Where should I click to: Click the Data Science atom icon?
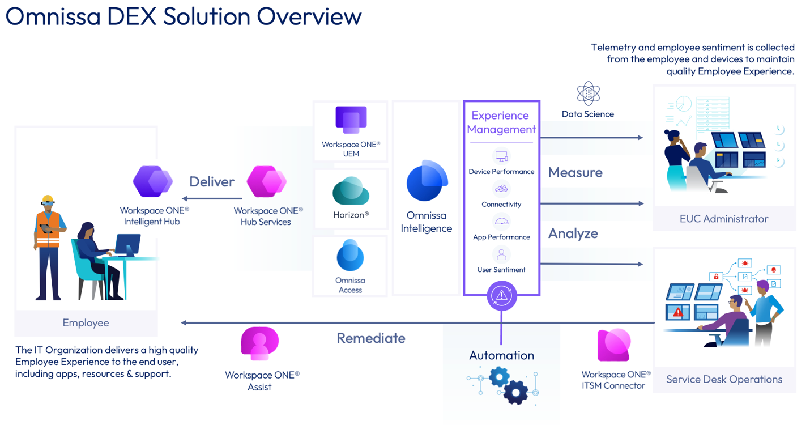click(588, 93)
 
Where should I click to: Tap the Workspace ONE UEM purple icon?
click(351, 120)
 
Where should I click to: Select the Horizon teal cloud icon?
click(351, 191)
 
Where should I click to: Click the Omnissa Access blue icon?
click(350, 256)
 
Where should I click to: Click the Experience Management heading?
click(501, 122)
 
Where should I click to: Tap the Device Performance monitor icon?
click(501, 156)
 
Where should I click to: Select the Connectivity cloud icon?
click(501, 189)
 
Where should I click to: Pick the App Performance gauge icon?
click(501, 222)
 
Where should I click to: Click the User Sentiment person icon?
click(501, 254)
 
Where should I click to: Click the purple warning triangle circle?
click(501, 295)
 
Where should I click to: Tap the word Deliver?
click(212, 182)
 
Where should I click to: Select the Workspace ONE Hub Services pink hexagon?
click(266, 182)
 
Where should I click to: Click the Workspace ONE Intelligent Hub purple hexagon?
click(152, 181)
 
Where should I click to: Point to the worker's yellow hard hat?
click(48, 199)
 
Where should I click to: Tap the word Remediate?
click(371, 338)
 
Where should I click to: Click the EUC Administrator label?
click(724, 219)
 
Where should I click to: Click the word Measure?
click(575, 172)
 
